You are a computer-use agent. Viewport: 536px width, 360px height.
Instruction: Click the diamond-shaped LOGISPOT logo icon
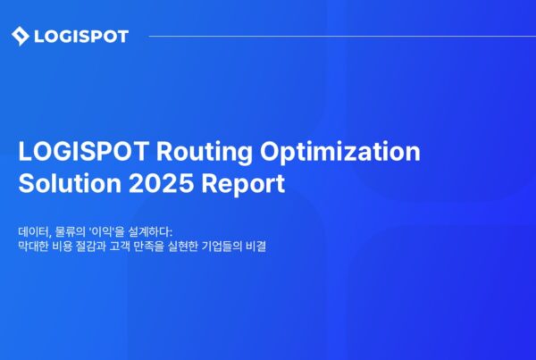pyautogui.click(x=21, y=36)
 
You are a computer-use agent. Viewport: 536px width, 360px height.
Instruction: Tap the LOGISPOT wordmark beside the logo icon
pyautogui.click(x=81, y=37)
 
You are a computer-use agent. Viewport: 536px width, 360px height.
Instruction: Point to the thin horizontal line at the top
pyautogui.click(x=342, y=36)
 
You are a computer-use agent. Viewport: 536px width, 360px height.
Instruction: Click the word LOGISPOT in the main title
pyautogui.click(x=84, y=151)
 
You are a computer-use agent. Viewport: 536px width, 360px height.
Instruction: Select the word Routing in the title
pyautogui.click(x=205, y=152)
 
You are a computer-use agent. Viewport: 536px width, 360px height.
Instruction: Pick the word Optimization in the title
pyautogui.click(x=340, y=152)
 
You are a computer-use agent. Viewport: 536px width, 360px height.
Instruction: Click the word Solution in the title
pyautogui.click(x=70, y=184)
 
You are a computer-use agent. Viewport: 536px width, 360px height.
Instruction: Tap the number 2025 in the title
pyautogui.click(x=161, y=184)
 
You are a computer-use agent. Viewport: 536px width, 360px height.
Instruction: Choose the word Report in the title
pyautogui.click(x=243, y=185)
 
